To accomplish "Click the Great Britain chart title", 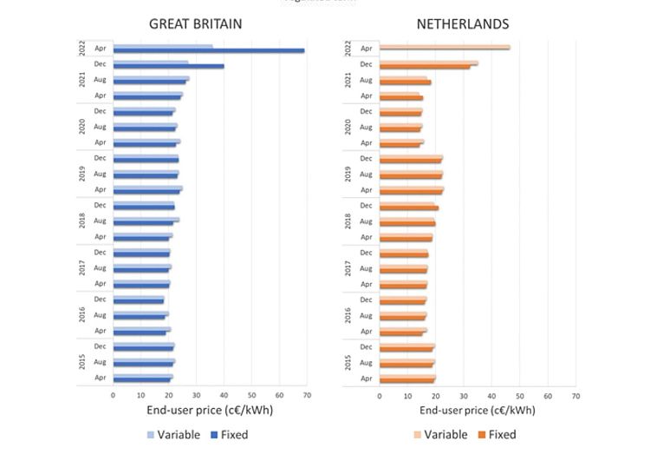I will [195, 24].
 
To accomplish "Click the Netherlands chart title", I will [463, 24].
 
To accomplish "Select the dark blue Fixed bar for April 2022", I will [208, 51].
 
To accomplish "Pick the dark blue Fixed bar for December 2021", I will [168, 66].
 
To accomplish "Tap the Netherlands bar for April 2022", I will [445, 49].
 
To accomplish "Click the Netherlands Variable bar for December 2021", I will [428, 63].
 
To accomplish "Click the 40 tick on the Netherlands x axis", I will [491, 395].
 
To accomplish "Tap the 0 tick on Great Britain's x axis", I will [113, 395].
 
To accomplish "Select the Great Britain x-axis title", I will [196, 410].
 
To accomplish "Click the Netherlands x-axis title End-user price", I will [477, 410].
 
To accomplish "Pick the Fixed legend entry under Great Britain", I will [227, 435].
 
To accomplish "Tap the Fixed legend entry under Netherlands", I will [495, 435].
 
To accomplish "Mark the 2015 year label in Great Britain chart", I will [81, 362].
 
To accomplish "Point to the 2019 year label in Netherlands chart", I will [348, 174].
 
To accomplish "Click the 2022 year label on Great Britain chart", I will [81, 49].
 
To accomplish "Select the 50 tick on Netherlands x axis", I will [520, 395].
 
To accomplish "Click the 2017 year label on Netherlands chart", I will [348, 268].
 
